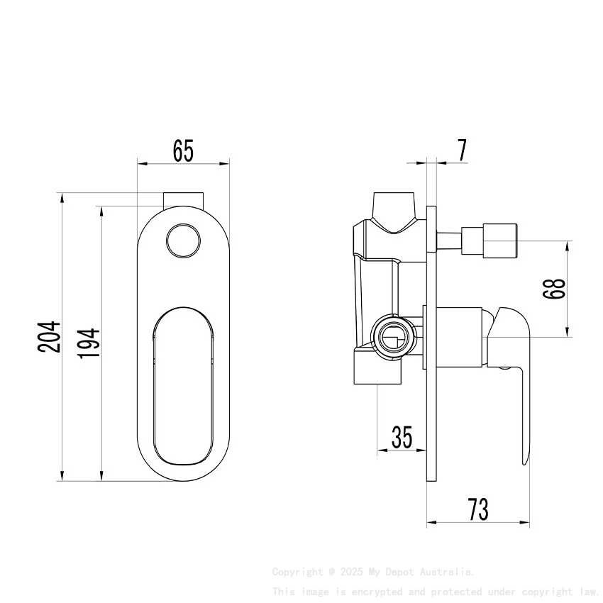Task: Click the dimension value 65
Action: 183,150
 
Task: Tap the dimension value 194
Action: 89,342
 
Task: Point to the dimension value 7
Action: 462,150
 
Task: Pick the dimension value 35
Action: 402,438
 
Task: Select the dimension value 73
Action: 477,509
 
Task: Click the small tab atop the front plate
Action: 184,199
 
